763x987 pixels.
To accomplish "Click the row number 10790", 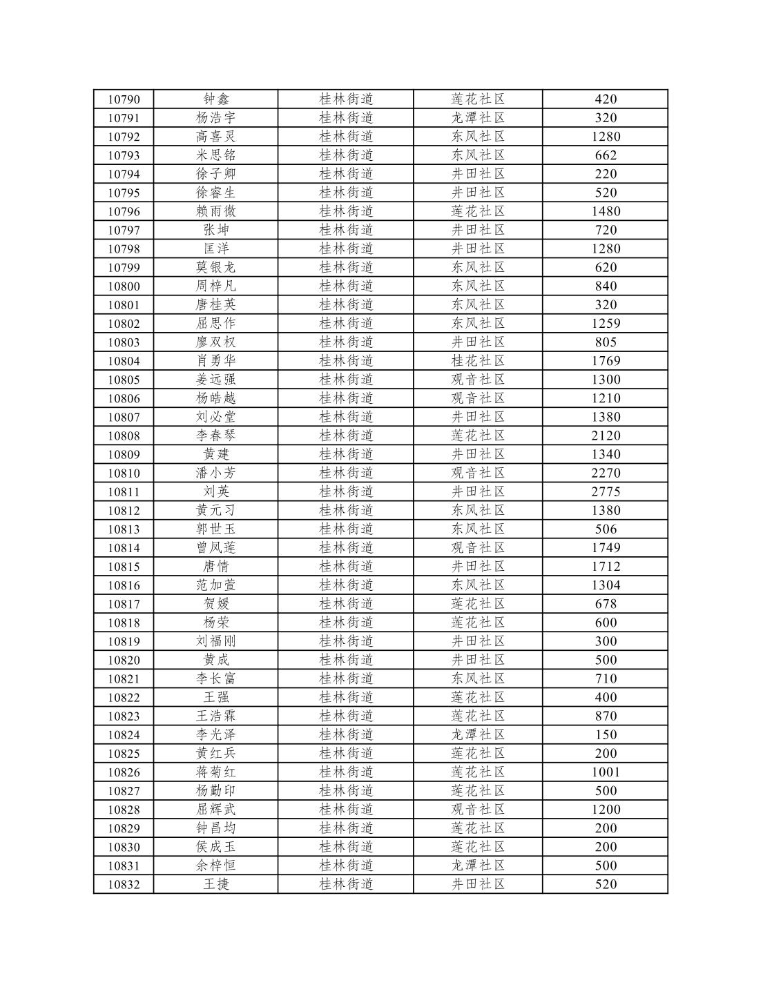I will [124, 99].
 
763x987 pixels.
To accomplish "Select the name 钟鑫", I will [215, 99].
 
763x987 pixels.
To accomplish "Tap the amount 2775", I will [606, 492].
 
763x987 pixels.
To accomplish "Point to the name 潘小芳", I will [215, 473].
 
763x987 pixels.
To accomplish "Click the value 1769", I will [606, 361].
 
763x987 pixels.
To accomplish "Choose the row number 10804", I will [124, 361].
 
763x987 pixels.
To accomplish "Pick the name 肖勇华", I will [215, 361].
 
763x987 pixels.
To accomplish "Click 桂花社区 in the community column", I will [478, 361].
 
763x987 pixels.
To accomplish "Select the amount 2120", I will [606, 436].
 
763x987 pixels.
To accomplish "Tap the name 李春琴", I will [215, 436].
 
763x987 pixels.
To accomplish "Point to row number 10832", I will [124, 885].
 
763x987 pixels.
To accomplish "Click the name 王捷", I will [215, 885].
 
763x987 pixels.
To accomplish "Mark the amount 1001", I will [606, 772].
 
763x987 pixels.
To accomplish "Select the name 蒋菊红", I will [215, 772].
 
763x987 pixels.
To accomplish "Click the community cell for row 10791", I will [478, 118].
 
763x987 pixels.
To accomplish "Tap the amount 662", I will [606, 155].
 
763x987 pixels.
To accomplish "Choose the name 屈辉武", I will [215, 810].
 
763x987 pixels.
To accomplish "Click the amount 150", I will [606, 735].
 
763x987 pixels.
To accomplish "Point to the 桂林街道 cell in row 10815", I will [346, 567].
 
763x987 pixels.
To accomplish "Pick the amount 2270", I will [606, 473].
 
